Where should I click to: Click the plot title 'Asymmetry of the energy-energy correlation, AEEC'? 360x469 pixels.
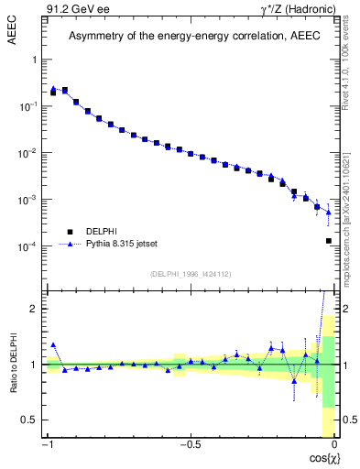[189, 37]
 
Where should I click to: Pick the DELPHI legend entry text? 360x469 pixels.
[104, 233]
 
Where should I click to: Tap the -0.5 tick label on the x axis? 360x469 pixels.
[189, 444]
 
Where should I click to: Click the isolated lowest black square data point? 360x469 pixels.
[328, 241]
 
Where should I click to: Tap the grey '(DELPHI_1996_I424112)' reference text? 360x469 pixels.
[189, 273]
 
